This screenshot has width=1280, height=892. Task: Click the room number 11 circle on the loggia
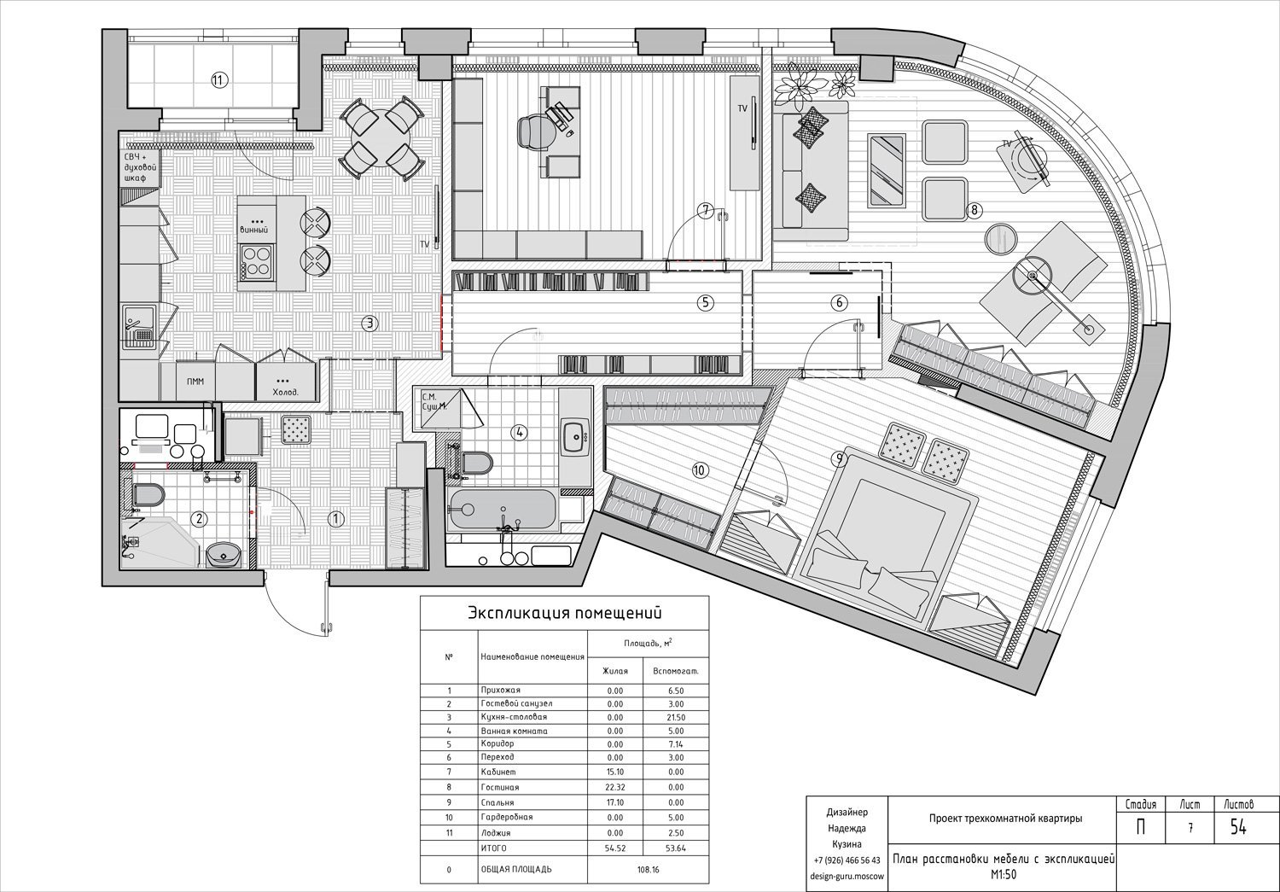pos(218,80)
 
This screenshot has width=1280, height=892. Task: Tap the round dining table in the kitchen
pos(381,138)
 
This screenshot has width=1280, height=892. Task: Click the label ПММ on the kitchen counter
pos(195,382)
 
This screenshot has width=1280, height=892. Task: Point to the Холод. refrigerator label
pos(286,393)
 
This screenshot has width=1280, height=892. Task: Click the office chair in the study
pos(537,131)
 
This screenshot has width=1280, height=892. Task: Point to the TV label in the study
pos(742,108)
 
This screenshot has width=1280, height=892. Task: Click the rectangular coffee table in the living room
pos(887,170)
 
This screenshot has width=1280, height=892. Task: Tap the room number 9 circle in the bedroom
pos(838,458)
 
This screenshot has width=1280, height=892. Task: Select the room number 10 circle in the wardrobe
pos(700,470)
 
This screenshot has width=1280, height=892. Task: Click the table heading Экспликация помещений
pos(565,614)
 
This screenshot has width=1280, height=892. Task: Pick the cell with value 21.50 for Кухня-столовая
pos(676,717)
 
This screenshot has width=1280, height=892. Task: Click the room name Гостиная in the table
pos(500,787)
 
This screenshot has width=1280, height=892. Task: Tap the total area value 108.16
pos(648,869)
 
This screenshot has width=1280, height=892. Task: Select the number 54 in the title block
pos(1238,827)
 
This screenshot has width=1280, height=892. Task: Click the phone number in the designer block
pos(847,860)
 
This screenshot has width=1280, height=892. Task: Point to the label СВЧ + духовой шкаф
pos(139,166)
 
